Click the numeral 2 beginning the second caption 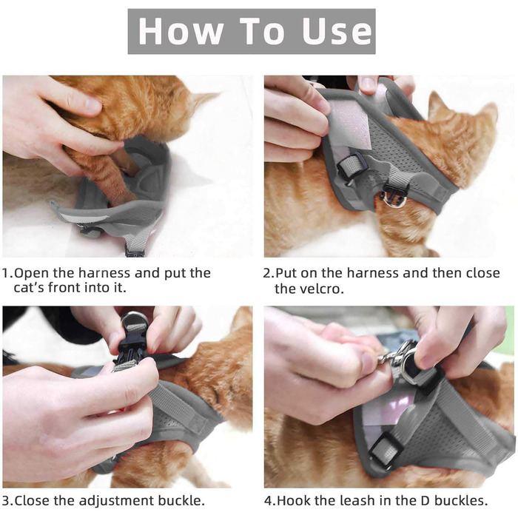coord(267,273)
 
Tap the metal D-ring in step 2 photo coord(393,198)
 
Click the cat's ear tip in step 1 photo coord(215,94)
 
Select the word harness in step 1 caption coord(104,273)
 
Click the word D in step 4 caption coord(425,500)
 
